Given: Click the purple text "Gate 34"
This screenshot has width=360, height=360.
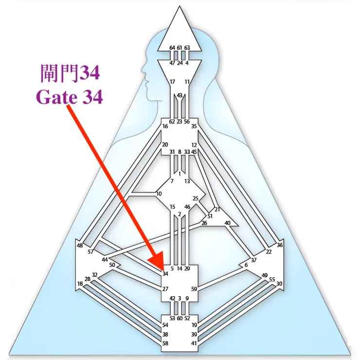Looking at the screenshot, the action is pyautogui.click(x=70, y=97).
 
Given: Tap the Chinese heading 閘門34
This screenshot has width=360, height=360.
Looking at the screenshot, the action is pyautogui.click(x=70, y=74).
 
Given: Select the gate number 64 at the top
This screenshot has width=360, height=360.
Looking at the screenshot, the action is pyautogui.click(x=172, y=48).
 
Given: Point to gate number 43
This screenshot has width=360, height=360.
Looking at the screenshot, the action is pyautogui.click(x=180, y=95).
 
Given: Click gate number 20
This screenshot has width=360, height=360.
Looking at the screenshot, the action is pyautogui.click(x=165, y=145).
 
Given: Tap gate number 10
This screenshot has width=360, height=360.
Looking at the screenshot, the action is pyautogui.click(x=159, y=194).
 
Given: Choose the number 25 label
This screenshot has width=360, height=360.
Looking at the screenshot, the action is pyautogui.click(x=196, y=198).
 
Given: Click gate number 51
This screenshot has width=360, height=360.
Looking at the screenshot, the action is pyautogui.click(x=210, y=216).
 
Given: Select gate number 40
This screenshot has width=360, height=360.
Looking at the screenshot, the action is pyautogui.click(x=227, y=223).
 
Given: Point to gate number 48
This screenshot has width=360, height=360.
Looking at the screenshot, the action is pyautogui.click(x=80, y=246).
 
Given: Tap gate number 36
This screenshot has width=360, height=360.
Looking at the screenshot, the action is pyautogui.click(x=279, y=245).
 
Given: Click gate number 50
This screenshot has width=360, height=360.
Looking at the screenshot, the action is pyautogui.click(x=112, y=265).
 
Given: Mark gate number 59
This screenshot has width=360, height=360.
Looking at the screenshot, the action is pyautogui.click(x=194, y=289).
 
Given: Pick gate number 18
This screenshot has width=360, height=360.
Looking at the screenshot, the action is pyautogui.click(x=80, y=284).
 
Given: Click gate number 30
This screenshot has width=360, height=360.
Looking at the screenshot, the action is pyautogui.click(x=279, y=284).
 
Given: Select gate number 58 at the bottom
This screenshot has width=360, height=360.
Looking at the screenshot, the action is pyautogui.click(x=165, y=343).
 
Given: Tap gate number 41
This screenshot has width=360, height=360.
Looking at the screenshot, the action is pyautogui.click(x=194, y=343).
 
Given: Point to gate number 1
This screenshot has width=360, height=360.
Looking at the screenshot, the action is pyautogui.click(x=180, y=174).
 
